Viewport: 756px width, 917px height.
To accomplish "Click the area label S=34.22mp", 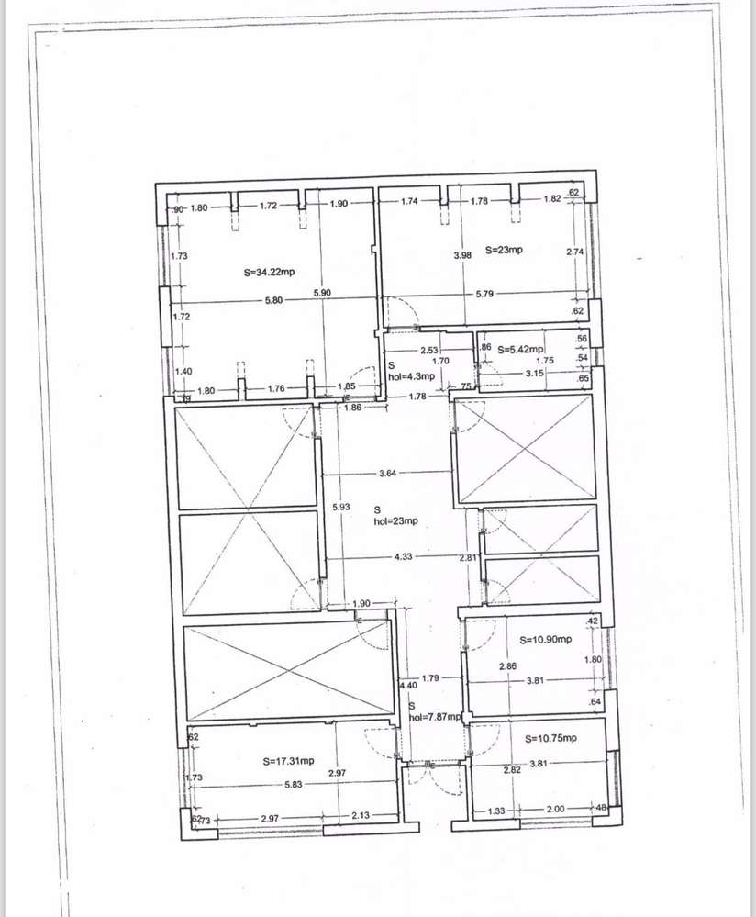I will [x=270, y=272].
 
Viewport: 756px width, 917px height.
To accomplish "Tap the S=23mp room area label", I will [x=506, y=249].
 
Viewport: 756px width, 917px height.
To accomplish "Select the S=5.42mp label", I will [x=521, y=350].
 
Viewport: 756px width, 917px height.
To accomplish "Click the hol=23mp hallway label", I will [x=395, y=520].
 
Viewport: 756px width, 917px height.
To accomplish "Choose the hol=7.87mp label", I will [x=435, y=718].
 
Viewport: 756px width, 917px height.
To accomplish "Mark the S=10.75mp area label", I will [x=551, y=738].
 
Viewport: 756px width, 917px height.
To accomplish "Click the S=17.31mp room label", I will [x=288, y=761].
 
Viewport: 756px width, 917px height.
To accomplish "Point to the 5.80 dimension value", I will [x=273, y=300].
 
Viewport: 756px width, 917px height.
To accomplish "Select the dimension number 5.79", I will [x=486, y=294].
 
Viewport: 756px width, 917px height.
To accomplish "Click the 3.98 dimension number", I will [x=462, y=254].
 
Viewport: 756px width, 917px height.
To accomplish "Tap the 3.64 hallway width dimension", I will [x=387, y=474].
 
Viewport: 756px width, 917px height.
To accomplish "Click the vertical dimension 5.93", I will [x=340, y=507].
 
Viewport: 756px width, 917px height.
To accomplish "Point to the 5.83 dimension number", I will [x=295, y=784].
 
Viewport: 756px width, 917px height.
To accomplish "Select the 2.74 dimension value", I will [x=575, y=252].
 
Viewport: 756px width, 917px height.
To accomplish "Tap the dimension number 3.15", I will [x=536, y=374].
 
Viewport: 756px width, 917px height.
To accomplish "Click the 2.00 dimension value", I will [x=556, y=810].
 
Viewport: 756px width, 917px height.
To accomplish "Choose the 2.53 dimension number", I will [x=429, y=351].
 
